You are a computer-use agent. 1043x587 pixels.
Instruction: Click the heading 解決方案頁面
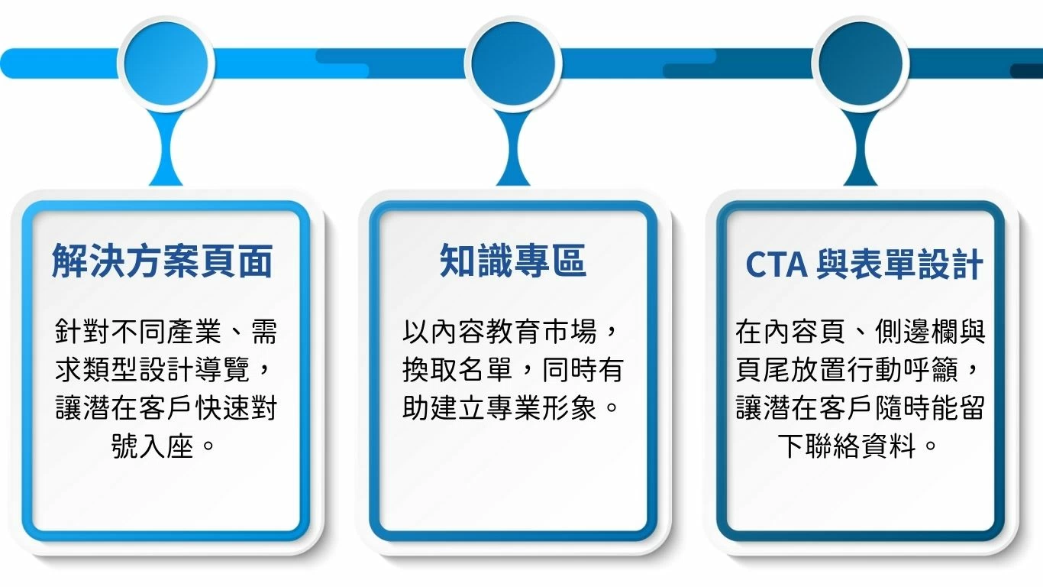pyautogui.click(x=163, y=262)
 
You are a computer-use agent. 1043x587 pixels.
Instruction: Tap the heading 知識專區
pyautogui.click(x=512, y=261)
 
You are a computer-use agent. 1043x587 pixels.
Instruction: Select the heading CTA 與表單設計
pyautogui.click(x=864, y=265)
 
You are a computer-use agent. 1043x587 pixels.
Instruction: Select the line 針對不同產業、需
pyautogui.click(x=166, y=332)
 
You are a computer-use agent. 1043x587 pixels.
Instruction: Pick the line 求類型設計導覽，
pyautogui.click(x=166, y=370)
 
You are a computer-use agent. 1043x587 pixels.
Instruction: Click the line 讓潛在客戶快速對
pyautogui.click(x=166, y=408)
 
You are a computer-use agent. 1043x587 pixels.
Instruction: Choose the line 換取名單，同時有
pyautogui.click(x=512, y=370)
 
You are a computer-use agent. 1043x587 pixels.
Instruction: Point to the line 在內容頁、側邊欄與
pyautogui.click(x=861, y=332)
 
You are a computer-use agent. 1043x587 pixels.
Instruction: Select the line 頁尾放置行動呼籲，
pyautogui.click(x=861, y=370)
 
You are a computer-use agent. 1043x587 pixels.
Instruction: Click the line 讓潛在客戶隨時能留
pyautogui.click(x=861, y=408)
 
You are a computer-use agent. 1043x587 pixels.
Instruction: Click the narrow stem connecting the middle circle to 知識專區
pyautogui.click(x=512, y=145)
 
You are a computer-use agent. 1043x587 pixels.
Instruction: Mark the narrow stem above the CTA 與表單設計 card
pyautogui.click(x=861, y=145)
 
